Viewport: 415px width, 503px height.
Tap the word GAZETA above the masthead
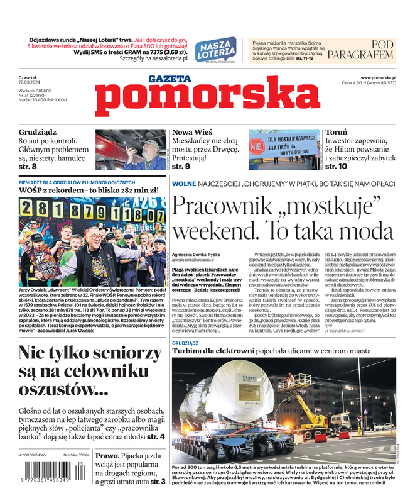pos(170,79)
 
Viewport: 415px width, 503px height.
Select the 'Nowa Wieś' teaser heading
pos(193,133)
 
